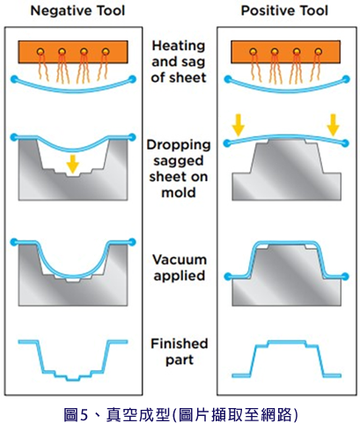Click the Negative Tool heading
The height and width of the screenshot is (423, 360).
coord(77,11)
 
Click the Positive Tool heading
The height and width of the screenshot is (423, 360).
coord(284,11)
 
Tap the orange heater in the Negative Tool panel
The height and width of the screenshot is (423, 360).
coord(73,52)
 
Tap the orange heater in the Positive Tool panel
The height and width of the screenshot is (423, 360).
coord(286,52)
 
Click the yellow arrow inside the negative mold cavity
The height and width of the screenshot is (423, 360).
coord(72,164)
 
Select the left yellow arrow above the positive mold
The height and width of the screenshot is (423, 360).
coord(238,125)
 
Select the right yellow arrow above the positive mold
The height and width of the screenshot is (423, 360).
coord(333,125)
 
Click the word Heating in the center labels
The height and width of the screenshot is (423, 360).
coord(179,46)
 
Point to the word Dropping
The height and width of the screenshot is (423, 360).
coord(179,145)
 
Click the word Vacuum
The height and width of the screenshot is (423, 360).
coord(180,259)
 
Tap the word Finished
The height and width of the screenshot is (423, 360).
coord(180,344)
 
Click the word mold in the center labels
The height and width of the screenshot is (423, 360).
coord(179,193)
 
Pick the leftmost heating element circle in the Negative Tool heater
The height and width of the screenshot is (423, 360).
coord(40,52)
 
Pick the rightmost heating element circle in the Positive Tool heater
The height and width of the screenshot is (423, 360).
coord(319,52)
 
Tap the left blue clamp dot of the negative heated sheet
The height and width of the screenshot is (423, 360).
coord(15,79)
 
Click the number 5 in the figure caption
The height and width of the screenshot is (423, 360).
coord(84,415)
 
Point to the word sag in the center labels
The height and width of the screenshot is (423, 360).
coord(194,62)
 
